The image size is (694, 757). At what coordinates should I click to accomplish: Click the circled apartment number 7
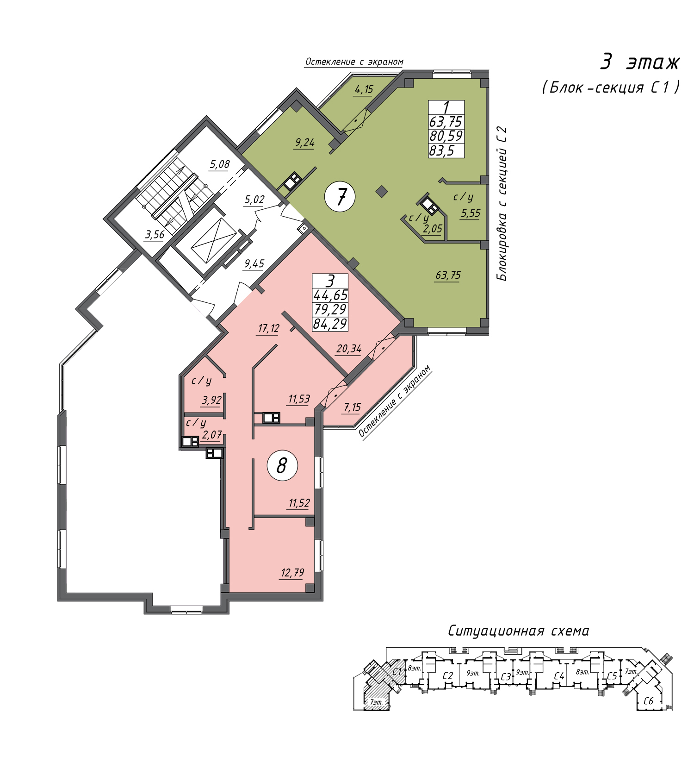(340, 197)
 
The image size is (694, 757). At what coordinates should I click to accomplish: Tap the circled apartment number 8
(282, 466)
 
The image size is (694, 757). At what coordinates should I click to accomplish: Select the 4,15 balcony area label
(364, 89)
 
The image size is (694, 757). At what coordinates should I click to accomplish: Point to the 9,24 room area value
(304, 143)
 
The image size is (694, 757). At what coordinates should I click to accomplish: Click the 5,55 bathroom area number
(471, 213)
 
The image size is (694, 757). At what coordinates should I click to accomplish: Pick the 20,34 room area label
(349, 349)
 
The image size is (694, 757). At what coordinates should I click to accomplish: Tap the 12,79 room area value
(292, 573)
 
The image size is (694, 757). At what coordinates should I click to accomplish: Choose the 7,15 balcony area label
(352, 407)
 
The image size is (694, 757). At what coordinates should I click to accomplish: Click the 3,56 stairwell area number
(155, 235)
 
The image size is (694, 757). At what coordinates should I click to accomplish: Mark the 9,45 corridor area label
(254, 264)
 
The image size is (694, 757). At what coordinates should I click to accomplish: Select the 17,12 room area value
(269, 329)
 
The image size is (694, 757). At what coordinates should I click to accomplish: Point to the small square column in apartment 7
(382, 191)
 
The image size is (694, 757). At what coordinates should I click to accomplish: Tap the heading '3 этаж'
(640, 62)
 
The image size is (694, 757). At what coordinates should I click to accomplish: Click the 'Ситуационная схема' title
(519, 631)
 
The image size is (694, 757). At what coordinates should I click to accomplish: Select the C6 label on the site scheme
(649, 701)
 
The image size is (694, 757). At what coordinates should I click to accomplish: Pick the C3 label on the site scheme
(506, 677)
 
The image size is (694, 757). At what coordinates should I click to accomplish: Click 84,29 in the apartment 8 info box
(330, 324)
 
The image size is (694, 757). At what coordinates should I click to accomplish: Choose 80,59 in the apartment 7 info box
(446, 136)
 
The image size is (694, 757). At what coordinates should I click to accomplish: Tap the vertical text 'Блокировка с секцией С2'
(502, 204)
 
